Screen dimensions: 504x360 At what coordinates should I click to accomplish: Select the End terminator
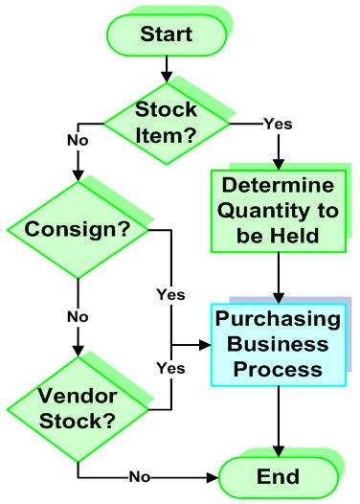(278, 476)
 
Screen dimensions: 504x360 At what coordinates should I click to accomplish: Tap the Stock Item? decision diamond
(167, 121)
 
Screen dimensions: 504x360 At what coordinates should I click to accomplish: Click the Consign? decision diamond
(76, 230)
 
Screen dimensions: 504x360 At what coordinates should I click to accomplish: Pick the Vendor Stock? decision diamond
(77, 407)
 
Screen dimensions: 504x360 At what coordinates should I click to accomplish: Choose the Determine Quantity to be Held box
(278, 209)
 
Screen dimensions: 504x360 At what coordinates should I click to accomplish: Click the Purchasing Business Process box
(279, 344)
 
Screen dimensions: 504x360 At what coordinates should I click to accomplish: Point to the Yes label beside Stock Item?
(278, 123)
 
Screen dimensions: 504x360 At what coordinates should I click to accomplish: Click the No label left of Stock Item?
(78, 140)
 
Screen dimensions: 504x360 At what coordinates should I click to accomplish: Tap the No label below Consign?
(78, 315)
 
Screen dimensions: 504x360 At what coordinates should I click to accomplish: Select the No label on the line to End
(141, 476)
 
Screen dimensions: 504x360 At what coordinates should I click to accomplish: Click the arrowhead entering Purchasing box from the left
(206, 344)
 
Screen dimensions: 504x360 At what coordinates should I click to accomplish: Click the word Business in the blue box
(279, 344)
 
